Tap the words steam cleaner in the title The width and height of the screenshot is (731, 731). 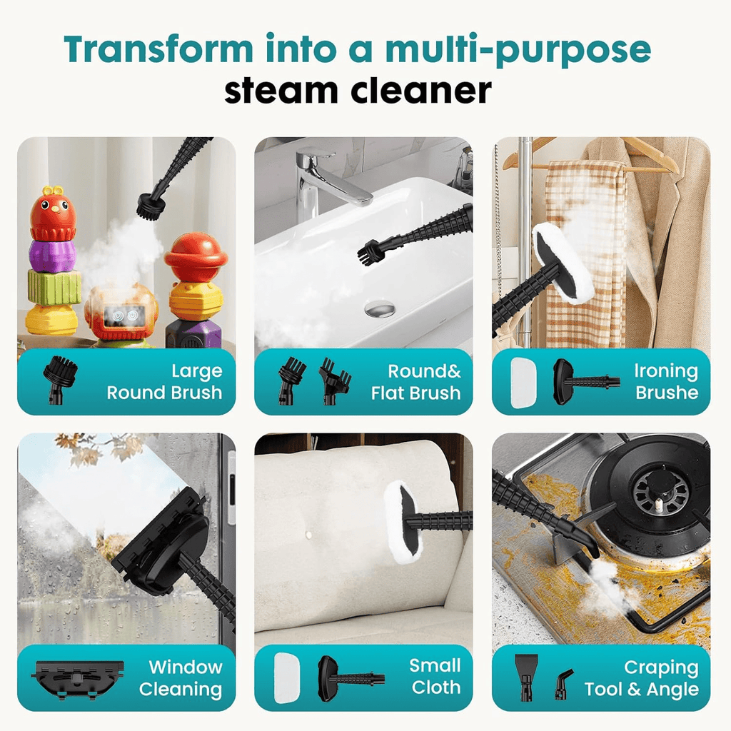click(358, 91)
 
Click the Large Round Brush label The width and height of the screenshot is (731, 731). click(164, 382)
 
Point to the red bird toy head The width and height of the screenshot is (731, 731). click(53, 213)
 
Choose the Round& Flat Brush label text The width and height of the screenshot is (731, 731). click(415, 382)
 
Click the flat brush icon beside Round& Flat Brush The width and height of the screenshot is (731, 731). click(335, 381)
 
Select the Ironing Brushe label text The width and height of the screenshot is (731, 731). click(666, 382)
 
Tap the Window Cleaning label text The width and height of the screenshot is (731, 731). click(181, 678)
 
